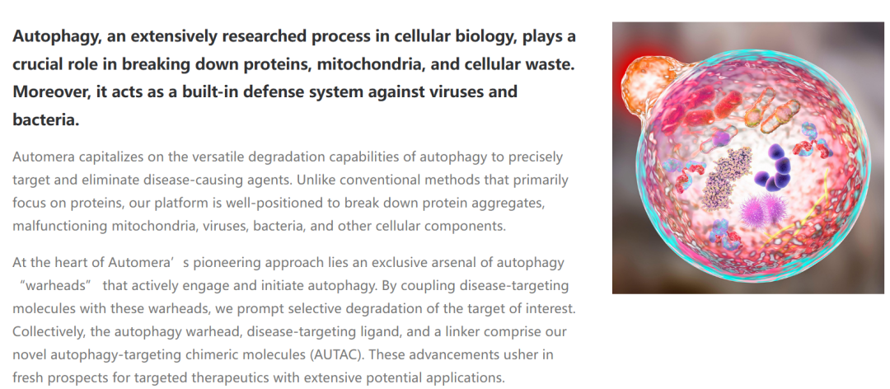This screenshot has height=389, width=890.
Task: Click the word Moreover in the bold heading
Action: pyautogui.click(x=49, y=91)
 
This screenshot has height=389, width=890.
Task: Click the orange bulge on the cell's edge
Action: pyautogui.click(x=645, y=85)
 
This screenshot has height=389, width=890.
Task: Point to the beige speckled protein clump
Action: pyautogui.click(x=725, y=178)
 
